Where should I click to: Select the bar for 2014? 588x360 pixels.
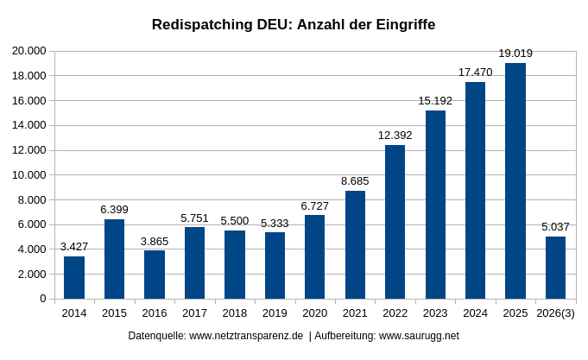tap(74, 277)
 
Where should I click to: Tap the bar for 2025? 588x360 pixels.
tap(515, 181)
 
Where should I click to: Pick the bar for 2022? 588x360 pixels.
tap(395, 222)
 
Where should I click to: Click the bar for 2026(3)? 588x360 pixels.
tap(555, 268)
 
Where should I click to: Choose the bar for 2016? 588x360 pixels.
tap(155, 275)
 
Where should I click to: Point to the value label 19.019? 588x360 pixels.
tap(515, 54)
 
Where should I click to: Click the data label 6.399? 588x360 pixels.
tap(114, 210)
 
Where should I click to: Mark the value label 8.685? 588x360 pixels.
tap(355, 181)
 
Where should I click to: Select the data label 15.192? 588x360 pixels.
tap(435, 101)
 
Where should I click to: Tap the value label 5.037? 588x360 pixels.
tap(555, 227)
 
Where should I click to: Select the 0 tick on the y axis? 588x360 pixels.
tap(42, 299)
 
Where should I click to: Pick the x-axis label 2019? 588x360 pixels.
tap(275, 313)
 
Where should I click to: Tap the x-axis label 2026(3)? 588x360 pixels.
tap(555, 313)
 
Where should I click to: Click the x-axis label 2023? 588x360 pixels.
tap(435, 313)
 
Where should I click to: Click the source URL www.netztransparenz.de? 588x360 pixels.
tap(246, 336)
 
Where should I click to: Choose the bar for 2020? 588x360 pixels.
tap(314, 257)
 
